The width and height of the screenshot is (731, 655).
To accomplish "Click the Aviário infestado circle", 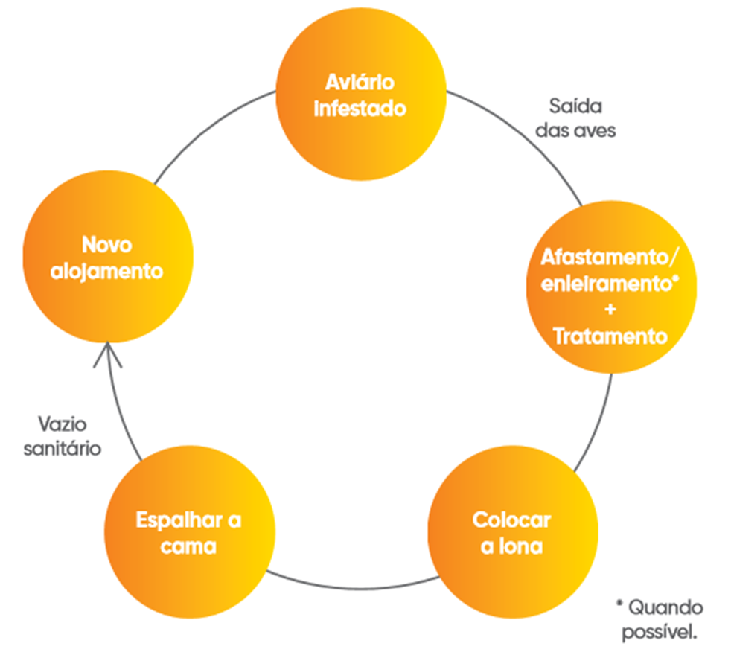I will click(x=360, y=95).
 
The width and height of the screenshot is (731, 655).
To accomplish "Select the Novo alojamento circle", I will click(x=106, y=258).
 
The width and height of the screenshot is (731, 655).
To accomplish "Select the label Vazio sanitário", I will click(x=63, y=436).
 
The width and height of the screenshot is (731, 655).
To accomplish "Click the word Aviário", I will click(x=360, y=81).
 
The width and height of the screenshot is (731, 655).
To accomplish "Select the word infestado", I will click(x=360, y=108).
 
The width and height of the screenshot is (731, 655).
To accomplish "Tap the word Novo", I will click(x=106, y=244).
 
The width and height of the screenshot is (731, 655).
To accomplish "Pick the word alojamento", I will click(x=106, y=272).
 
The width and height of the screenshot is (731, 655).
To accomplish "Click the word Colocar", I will click(x=512, y=520).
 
